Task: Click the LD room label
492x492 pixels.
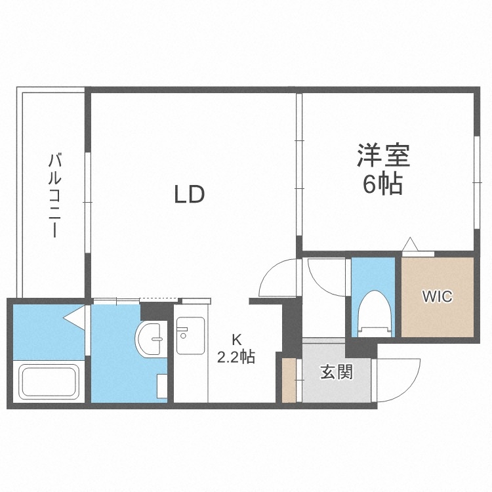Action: tap(190, 194)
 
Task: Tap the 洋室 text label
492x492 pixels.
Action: tap(383, 157)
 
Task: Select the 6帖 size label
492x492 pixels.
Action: tap(383, 186)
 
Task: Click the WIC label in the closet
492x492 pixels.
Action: tap(436, 297)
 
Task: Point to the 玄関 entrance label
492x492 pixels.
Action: tap(336, 372)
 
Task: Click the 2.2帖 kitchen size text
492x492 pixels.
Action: tap(236, 358)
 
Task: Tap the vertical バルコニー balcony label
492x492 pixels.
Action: tap(56, 195)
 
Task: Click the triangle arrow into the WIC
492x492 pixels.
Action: tap(411, 245)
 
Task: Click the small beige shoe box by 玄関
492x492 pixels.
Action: tap(289, 380)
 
